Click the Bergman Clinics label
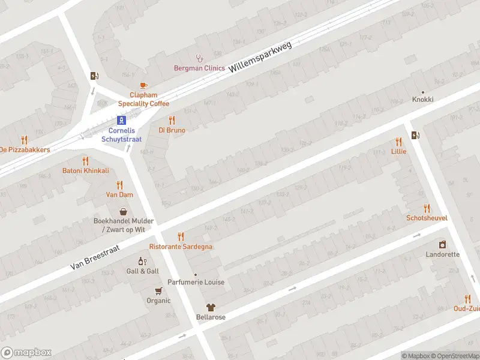(199, 68)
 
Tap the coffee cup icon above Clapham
(143, 86)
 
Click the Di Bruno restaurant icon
(172, 120)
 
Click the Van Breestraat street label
(95, 256)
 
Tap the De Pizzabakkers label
(25, 149)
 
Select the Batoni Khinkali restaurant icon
(85, 161)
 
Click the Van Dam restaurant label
(119, 194)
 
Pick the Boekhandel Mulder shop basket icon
(124, 211)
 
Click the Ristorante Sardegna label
(181, 247)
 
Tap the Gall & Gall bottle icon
(142, 261)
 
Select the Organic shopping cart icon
(158, 290)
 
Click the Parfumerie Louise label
(196, 282)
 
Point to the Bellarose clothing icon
(211, 307)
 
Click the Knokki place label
(422, 99)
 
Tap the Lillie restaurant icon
(398, 142)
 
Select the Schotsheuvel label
(427, 218)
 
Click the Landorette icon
(442, 244)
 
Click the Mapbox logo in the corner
(26, 353)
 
